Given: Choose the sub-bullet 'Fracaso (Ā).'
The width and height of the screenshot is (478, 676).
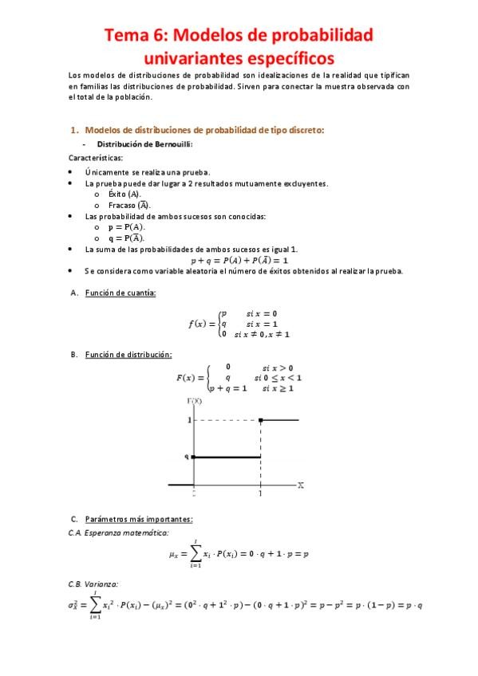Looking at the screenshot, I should (x=129, y=205).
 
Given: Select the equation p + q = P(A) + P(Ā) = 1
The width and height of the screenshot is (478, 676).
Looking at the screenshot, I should (x=239, y=260).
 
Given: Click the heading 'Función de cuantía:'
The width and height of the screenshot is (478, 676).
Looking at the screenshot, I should (x=120, y=293).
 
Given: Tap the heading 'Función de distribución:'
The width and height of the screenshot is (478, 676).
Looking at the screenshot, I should (x=128, y=354).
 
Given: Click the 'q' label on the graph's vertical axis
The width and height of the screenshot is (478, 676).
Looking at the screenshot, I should (x=187, y=457).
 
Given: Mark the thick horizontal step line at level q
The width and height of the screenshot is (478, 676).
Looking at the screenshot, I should (x=227, y=457).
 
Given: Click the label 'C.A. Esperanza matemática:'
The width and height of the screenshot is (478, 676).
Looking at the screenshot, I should (x=119, y=532).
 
